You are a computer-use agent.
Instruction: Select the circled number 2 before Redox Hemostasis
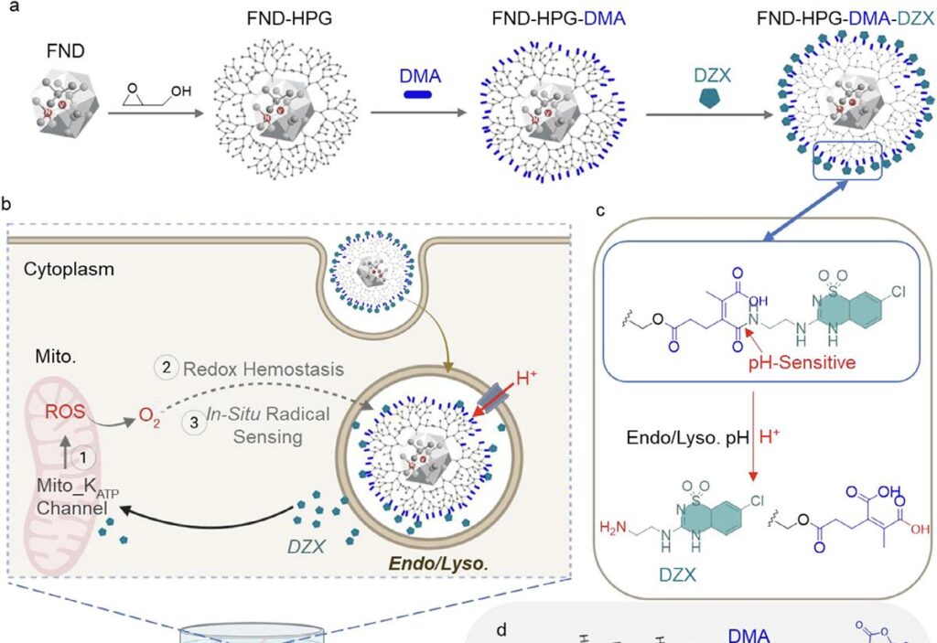(x=167, y=368)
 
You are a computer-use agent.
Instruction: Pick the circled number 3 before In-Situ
(x=195, y=413)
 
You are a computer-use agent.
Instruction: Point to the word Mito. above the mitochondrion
(x=44, y=349)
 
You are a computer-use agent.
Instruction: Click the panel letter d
(x=500, y=630)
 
